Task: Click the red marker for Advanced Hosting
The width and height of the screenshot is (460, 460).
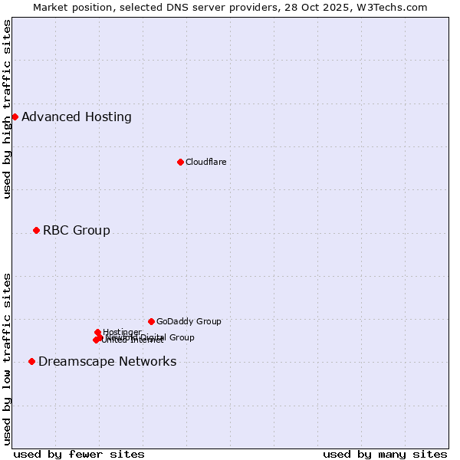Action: point(15,117)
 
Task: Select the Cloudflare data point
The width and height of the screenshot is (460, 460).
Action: point(180,162)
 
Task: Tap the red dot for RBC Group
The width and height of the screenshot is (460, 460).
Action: point(36,230)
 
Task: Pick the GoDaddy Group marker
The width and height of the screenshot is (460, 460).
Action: point(151,321)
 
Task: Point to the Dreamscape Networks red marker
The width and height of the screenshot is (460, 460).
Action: point(31,361)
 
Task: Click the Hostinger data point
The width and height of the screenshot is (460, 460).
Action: point(97,332)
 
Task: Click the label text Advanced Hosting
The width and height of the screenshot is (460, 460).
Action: point(77,117)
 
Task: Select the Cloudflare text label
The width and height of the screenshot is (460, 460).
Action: point(205,162)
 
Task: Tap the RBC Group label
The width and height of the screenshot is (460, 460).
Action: point(77,231)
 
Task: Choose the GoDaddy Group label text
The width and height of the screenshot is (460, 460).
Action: point(189,321)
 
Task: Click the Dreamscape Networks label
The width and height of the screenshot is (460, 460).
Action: point(107,362)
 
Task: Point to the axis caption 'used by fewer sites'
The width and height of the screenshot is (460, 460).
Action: point(79,454)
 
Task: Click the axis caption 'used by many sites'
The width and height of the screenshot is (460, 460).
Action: point(385,454)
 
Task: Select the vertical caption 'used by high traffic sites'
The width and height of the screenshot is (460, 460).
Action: point(8,109)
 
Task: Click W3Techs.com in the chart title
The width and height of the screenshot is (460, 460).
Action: point(396,7)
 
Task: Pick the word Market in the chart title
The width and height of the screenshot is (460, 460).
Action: point(50,7)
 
